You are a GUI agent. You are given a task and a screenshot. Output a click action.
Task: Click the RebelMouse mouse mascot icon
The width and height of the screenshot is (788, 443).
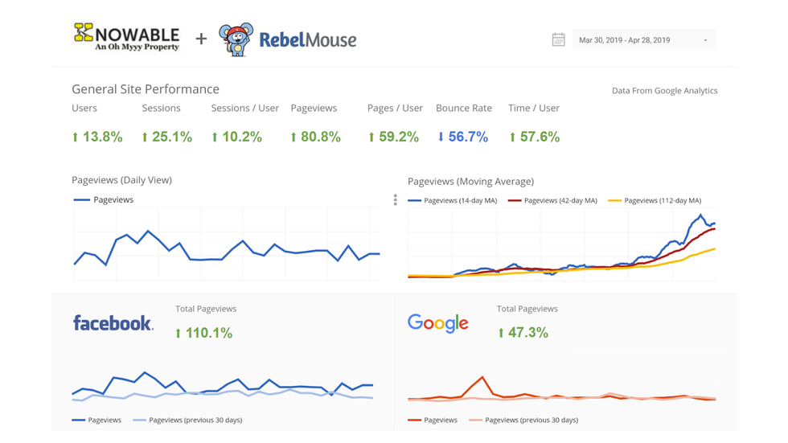tap(236, 39)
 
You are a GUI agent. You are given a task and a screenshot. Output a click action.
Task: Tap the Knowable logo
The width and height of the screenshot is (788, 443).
tap(127, 37)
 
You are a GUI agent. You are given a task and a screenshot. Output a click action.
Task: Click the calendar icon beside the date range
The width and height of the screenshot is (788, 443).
tap(558, 39)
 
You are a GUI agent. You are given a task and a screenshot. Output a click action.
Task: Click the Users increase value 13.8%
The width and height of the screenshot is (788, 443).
tap(97, 137)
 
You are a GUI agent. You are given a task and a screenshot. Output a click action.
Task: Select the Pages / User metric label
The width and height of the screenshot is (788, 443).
tap(395, 108)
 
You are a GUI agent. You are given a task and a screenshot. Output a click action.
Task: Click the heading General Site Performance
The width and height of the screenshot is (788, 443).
tap(146, 89)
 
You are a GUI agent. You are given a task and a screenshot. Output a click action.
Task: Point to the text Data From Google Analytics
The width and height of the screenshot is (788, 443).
tap(664, 91)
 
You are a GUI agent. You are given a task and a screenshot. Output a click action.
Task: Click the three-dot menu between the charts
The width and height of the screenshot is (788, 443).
tap(395, 200)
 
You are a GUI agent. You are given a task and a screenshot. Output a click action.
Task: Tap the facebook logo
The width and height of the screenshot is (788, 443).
tap(113, 323)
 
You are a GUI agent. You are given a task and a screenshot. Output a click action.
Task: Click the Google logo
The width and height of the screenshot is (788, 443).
tap(438, 323)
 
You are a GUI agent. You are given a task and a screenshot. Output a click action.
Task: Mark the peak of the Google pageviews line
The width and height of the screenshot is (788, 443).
tap(482, 376)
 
